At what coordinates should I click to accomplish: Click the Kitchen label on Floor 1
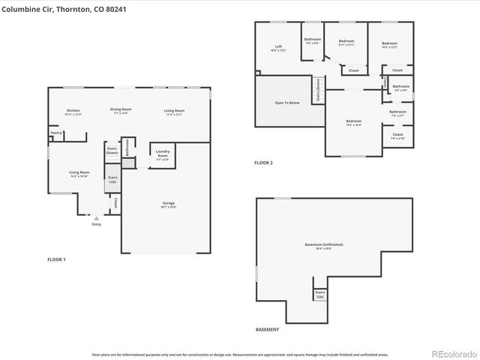[x=73, y=111]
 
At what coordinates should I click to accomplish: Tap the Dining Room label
[x=121, y=111]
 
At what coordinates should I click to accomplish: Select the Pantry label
[x=56, y=133]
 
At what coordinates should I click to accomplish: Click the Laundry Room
[x=163, y=154]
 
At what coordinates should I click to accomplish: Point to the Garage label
[x=169, y=204]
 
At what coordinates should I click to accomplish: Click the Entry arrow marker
[x=96, y=218]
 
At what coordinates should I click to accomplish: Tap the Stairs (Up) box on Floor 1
[x=112, y=180]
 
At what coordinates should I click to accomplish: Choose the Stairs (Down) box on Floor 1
[x=112, y=151]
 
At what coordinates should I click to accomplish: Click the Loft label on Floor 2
[x=278, y=46]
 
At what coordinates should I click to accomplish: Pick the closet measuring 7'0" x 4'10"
[x=397, y=136]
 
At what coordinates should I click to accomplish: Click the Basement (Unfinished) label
[x=324, y=245]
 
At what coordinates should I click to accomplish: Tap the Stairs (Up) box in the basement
[x=320, y=294]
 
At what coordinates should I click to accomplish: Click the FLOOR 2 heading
[x=263, y=163]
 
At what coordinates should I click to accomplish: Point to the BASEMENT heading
[x=267, y=330]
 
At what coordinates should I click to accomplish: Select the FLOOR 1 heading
[x=56, y=259]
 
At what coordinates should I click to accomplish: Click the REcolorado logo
[x=453, y=353]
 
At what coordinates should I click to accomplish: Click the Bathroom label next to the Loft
[x=312, y=40]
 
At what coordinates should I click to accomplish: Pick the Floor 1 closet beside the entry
[x=115, y=202]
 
